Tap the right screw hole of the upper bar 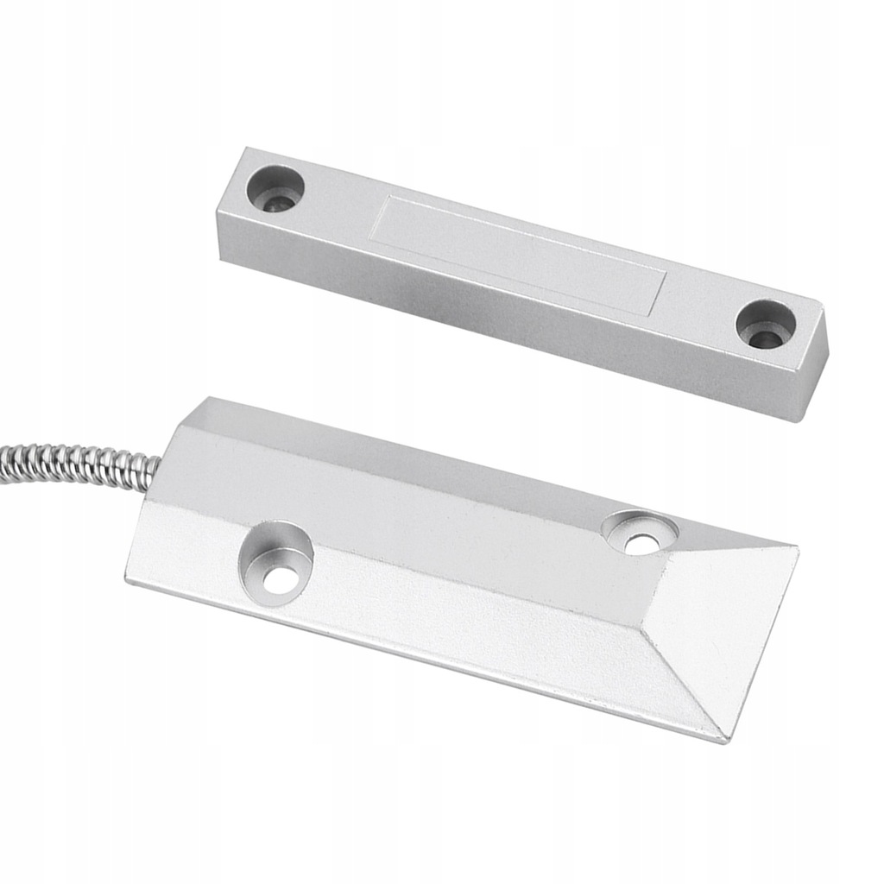point(765,325)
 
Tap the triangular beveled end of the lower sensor point(725,622)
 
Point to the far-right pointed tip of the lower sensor point(796,547)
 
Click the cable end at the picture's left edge point(4,457)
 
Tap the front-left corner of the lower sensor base point(128,580)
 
